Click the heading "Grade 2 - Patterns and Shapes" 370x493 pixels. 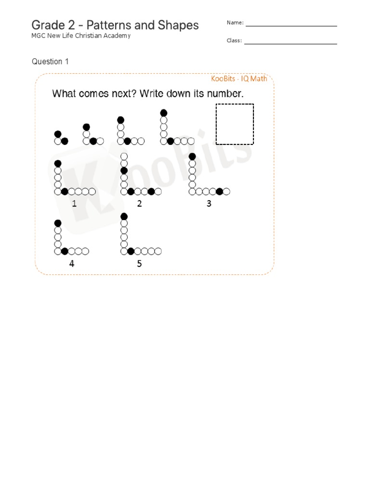pos(115,25)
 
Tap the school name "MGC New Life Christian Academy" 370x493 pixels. pos(81,36)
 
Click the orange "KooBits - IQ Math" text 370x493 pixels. pos(239,78)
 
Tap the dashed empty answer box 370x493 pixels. pos(235,124)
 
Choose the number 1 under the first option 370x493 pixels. pos(74,204)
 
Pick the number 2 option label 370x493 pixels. pos(139,204)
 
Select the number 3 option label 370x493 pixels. pos(209,204)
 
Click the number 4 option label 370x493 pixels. pos(72,263)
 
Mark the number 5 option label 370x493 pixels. pos(139,263)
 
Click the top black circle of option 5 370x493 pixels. pos(124,216)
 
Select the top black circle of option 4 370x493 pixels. pos(58,223)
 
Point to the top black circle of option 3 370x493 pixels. pos(192,156)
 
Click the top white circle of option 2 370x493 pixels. pos(124,156)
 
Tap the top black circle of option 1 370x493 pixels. pos(58,163)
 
